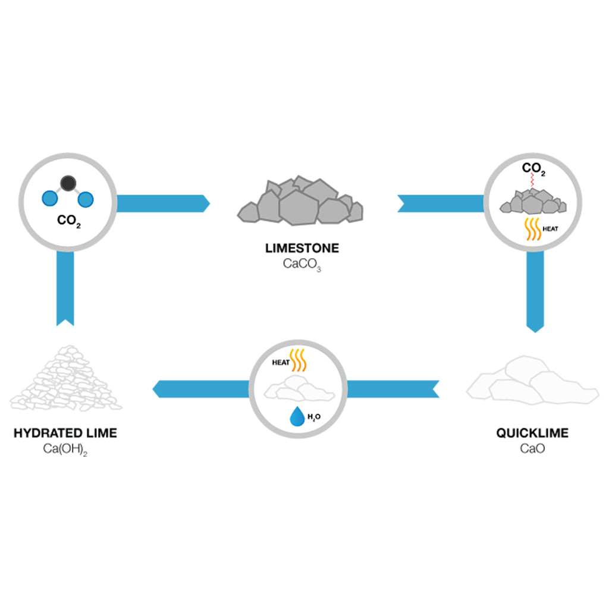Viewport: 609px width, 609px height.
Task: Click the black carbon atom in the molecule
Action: click(68, 183)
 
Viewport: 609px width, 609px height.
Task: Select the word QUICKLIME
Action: click(532, 432)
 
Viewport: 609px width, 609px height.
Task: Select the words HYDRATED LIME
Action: click(65, 433)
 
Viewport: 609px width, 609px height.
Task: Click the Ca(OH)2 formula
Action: click(65, 447)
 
